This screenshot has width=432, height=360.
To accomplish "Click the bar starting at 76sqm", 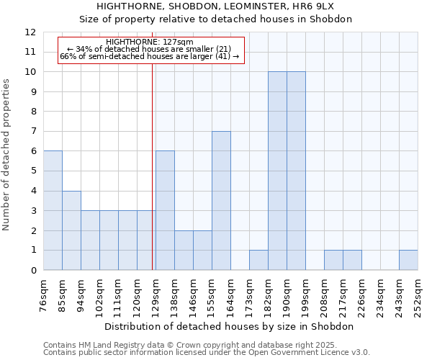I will pos(53,210).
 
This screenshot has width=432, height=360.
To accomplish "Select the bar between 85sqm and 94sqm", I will pos(71,230).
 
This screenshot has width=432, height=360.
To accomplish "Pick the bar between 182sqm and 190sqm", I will pos(277,171).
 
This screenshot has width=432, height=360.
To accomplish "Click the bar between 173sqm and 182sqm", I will pos(258,260).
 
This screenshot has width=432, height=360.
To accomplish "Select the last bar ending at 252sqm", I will pos(408,260).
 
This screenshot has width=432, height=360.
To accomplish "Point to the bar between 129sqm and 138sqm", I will pos(165,210).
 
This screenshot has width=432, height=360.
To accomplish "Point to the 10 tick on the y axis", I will pos(31,72).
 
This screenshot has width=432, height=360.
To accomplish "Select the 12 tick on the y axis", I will pos(31,32).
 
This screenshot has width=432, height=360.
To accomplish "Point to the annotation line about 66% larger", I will pos(149,56).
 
